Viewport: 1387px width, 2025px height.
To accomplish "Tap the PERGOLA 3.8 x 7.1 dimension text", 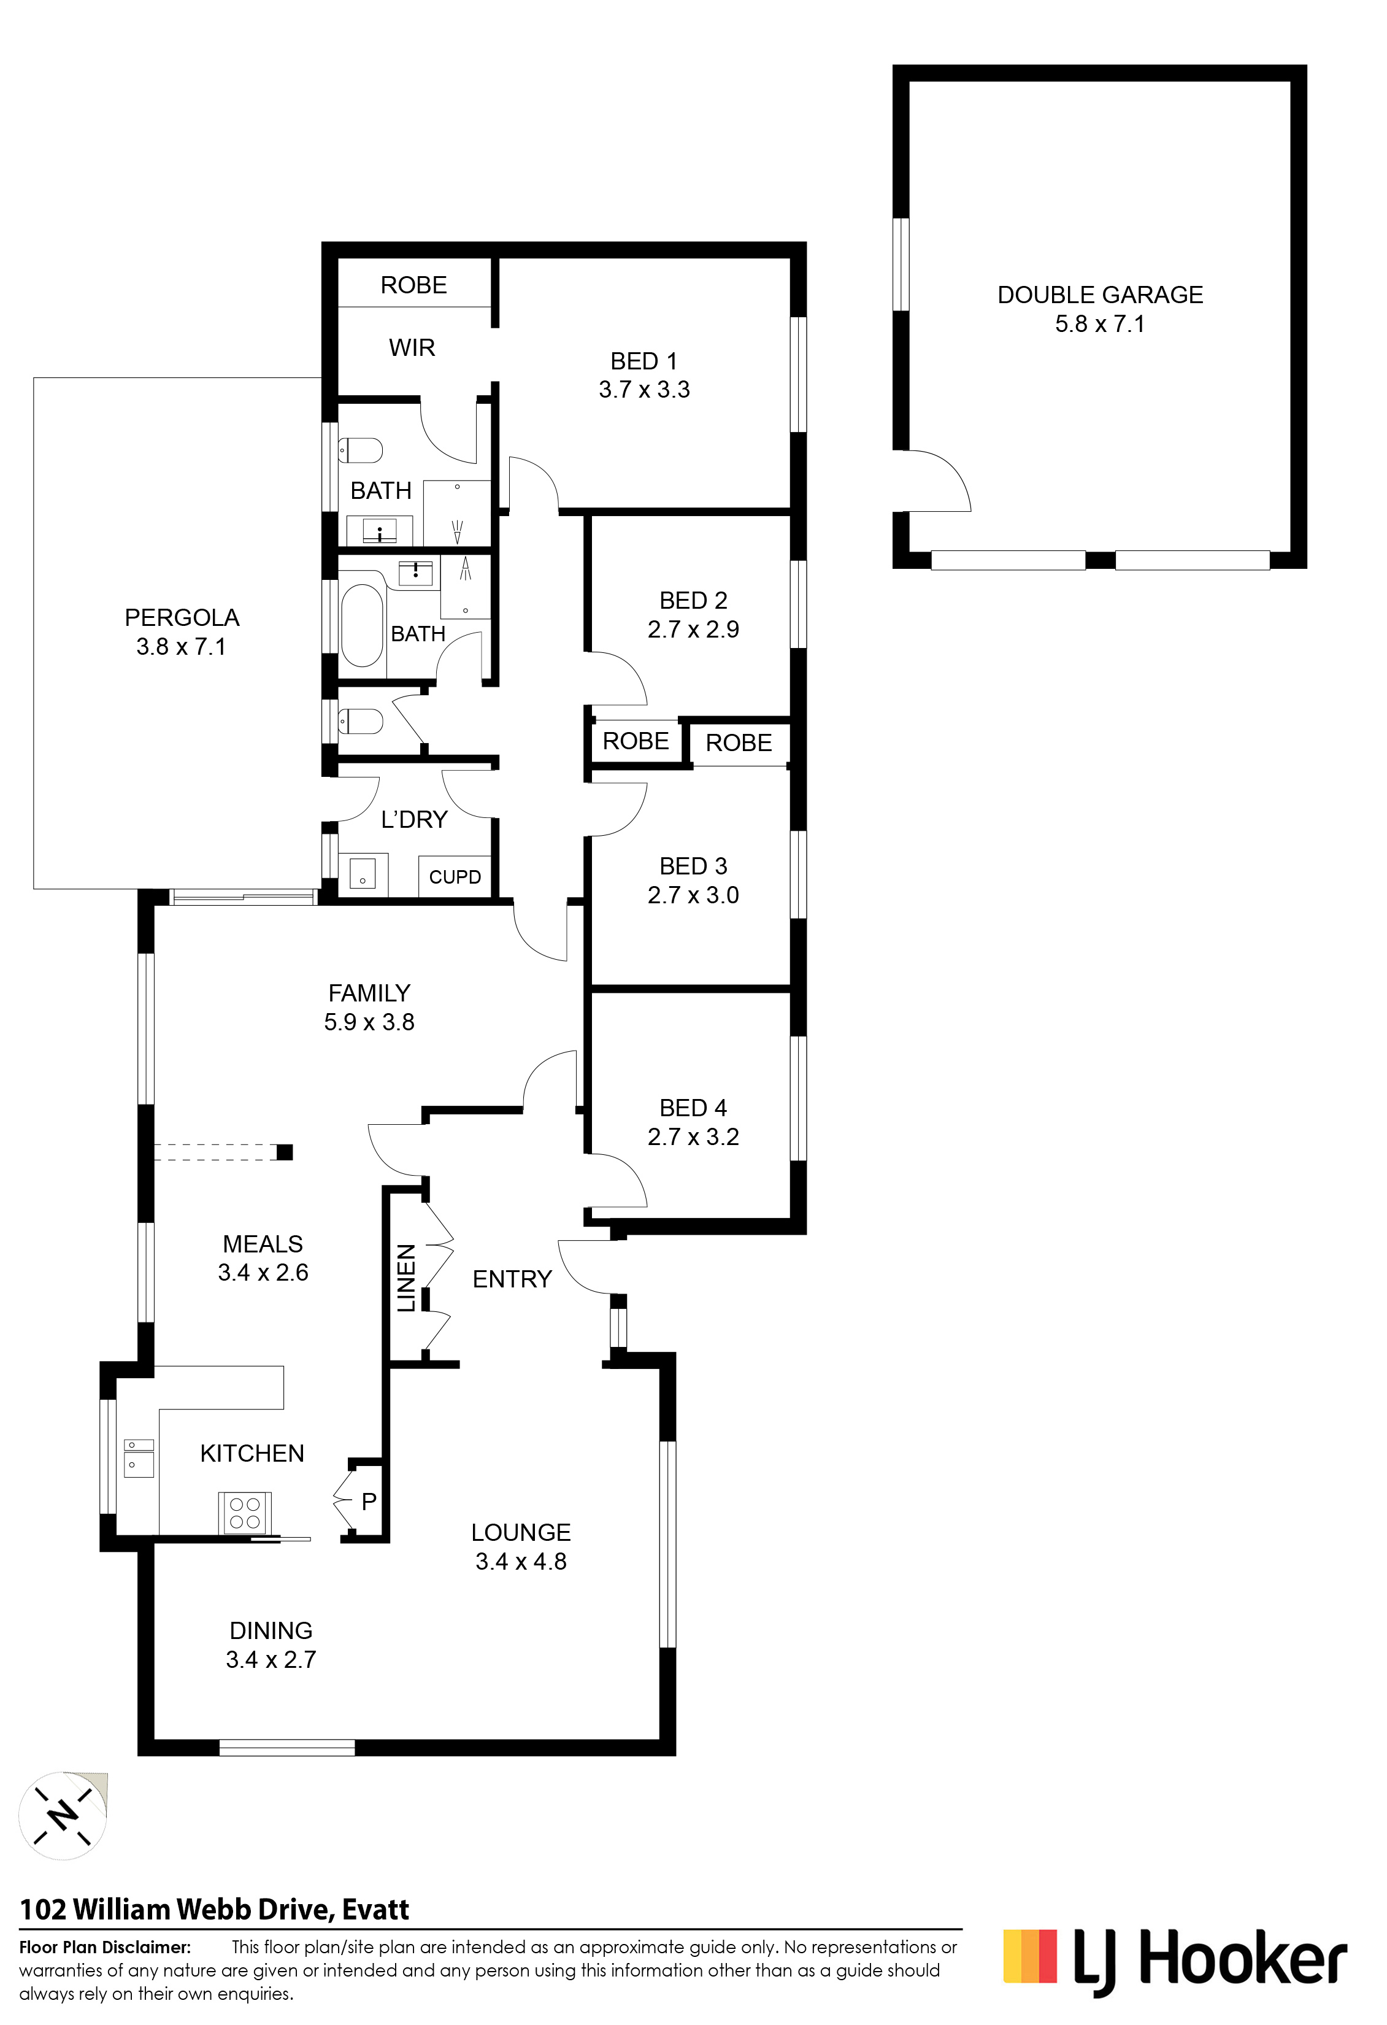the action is click(x=181, y=647).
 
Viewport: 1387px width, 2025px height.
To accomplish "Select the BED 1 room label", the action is click(x=644, y=361).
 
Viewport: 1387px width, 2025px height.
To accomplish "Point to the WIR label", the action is click(x=412, y=348).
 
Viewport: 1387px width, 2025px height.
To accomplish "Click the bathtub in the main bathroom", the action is click(x=361, y=624).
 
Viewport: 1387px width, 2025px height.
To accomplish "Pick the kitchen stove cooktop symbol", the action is click(x=244, y=1512).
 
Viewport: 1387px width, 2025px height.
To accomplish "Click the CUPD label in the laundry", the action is click(x=455, y=876).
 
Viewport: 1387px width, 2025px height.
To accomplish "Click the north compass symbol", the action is click(x=63, y=1816).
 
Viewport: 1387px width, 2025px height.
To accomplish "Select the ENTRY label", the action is click(x=512, y=1279).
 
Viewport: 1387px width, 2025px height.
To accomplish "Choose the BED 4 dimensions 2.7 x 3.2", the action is click(x=693, y=1137).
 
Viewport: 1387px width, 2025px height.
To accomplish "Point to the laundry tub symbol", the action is click(x=363, y=874).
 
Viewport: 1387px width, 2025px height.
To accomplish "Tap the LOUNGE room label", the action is click(x=521, y=1533).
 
